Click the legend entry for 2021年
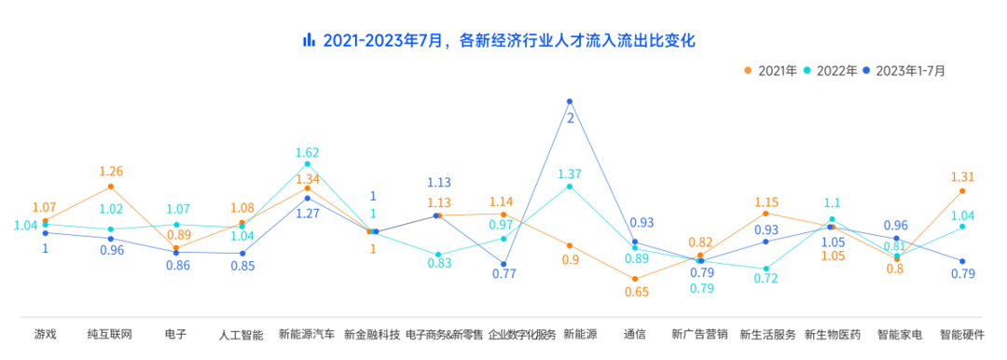point(770,70)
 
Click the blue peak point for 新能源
point(570,101)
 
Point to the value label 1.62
point(308,152)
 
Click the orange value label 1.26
point(111,172)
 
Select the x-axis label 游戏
point(45,334)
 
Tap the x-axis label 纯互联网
point(111,334)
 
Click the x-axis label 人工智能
point(241,334)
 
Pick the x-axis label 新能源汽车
point(307,334)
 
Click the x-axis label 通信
point(635,334)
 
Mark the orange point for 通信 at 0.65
point(635,279)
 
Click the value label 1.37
point(570,173)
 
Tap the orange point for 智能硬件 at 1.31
point(962,191)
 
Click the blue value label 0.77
point(504,274)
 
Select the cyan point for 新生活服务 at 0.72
point(766,269)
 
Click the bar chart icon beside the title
point(309,41)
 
